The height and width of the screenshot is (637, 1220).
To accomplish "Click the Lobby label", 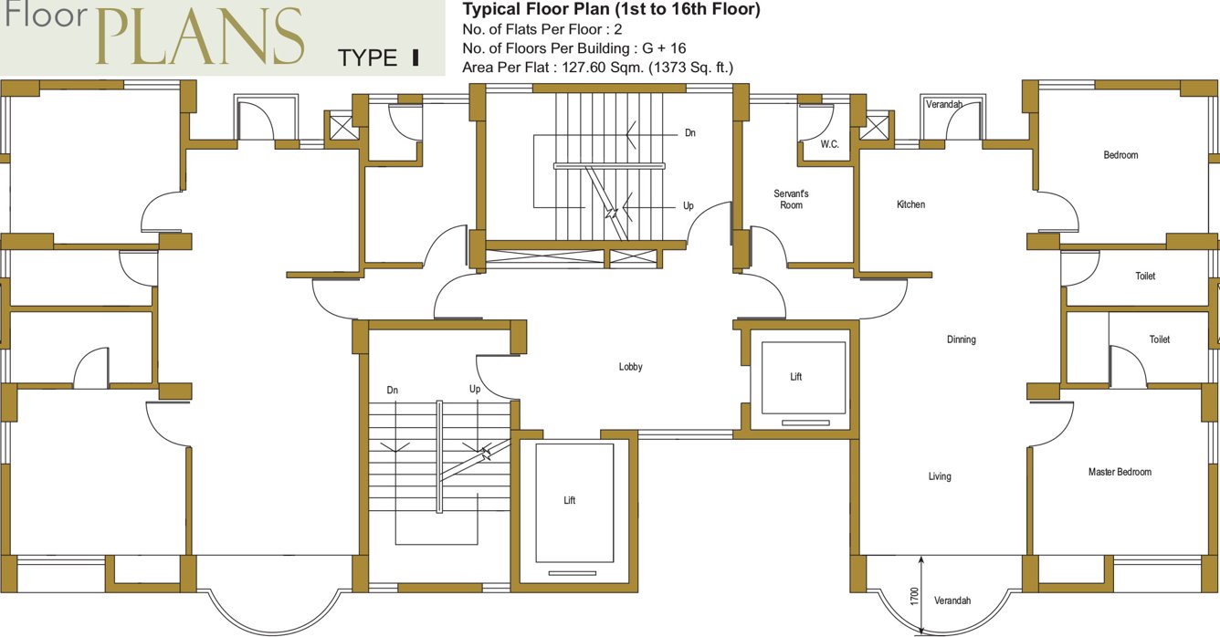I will [630, 367].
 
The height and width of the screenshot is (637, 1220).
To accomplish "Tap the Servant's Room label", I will [791, 199].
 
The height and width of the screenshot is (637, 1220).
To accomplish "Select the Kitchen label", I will [910, 204].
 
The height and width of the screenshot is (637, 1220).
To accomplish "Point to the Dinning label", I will [961, 339].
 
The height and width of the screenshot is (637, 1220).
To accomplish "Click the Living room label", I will [940, 476].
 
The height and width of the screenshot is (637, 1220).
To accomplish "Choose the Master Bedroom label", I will [1120, 472].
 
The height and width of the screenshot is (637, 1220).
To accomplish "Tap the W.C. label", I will [829, 144].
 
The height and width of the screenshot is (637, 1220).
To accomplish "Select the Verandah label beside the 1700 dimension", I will [952, 600].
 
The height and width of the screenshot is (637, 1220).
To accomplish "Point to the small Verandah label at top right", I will [943, 105].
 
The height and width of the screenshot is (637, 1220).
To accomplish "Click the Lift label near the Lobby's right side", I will [795, 377].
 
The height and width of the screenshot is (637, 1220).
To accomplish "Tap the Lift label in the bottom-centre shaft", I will [569, 500].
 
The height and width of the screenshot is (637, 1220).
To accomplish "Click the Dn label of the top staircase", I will [690, 132].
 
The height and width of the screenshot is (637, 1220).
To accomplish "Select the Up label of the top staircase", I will [689, 206].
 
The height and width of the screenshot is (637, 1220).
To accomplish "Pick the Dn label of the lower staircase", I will [392, 390].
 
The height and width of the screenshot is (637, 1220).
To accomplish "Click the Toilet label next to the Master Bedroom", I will [1159, 339].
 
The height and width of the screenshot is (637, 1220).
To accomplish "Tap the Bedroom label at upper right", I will [1120, 155].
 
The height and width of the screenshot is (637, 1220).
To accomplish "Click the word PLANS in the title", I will [199, 38].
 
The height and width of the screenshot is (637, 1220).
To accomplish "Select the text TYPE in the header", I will [367, 59].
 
